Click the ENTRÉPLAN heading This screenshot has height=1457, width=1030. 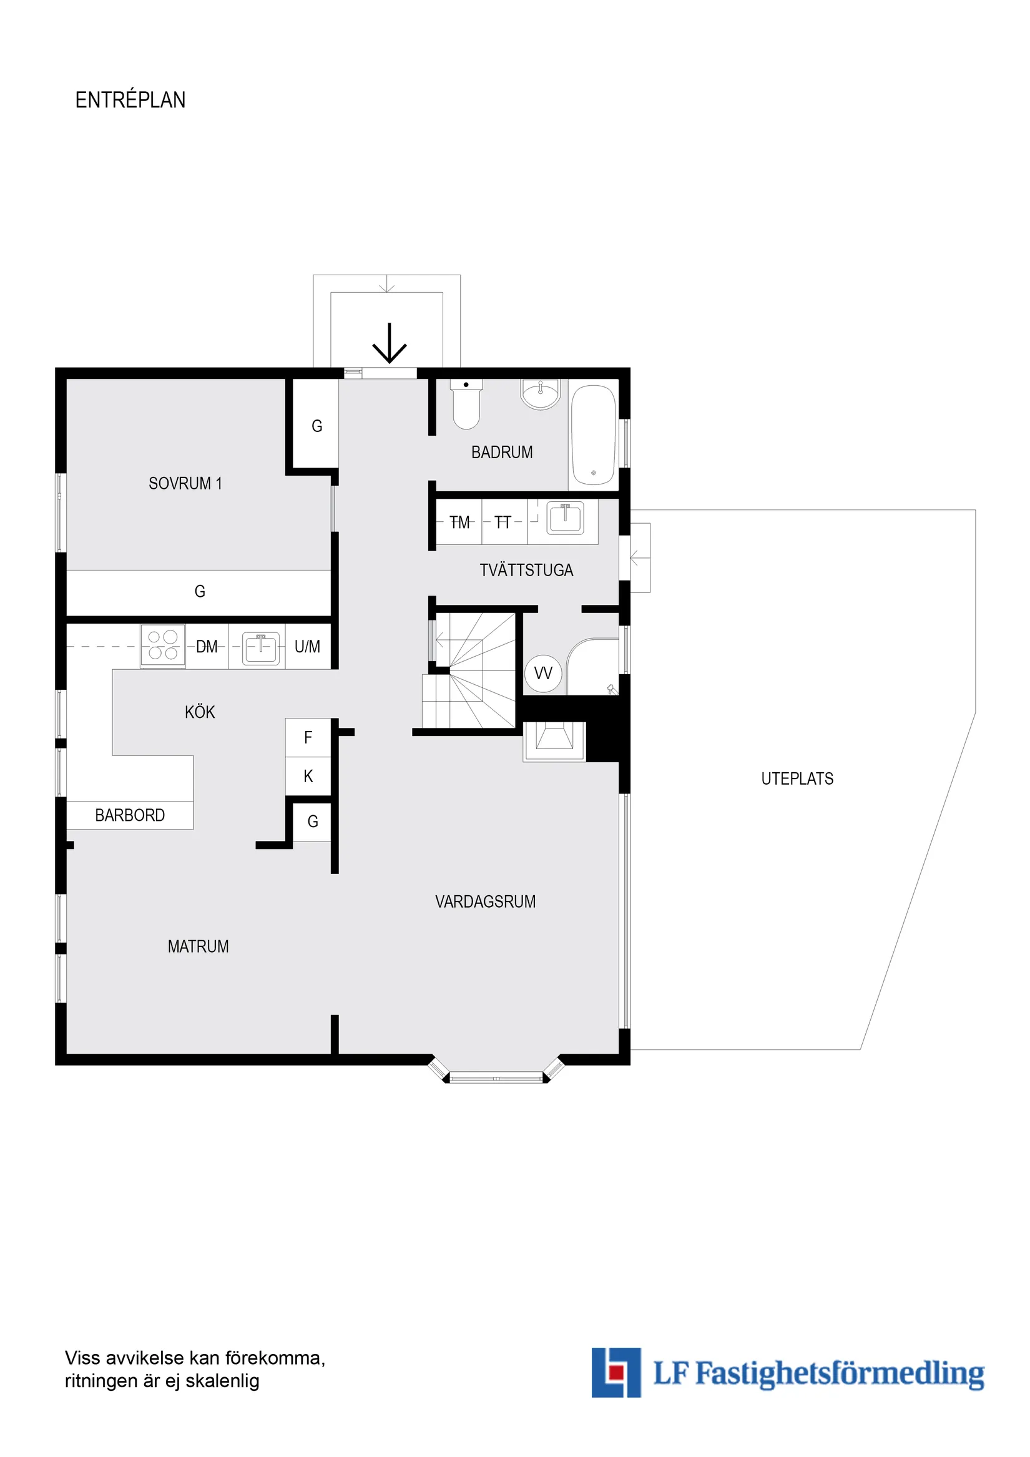(x=130, y=101)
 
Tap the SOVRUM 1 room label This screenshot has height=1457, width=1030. (x=185, y=484)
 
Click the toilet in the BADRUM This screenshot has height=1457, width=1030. (x=466, y=405)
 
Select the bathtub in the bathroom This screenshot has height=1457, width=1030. (x=593, y=435)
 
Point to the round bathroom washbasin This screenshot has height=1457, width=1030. (x=540, y=393)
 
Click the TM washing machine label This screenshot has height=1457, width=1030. (x=459, y=522)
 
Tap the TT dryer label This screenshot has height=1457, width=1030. (x=503, y=522)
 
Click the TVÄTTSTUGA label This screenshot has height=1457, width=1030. (x=526, y=571)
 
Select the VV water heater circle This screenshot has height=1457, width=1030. (x=543, y=674)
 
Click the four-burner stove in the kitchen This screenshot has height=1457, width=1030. (x=163, y=645)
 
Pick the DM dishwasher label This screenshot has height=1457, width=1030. (x=207, y=647)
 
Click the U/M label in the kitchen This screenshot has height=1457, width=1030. (x=307, y=647)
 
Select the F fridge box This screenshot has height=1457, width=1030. (x=308, y=737)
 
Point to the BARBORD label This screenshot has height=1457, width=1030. (x=130, y=815)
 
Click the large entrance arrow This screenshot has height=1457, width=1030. (x=389, y=343)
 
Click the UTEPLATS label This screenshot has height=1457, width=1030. (x=797, y=778)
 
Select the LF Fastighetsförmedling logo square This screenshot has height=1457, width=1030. (x=616, y=1373)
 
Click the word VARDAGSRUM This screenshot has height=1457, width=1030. (x=486, y=902)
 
